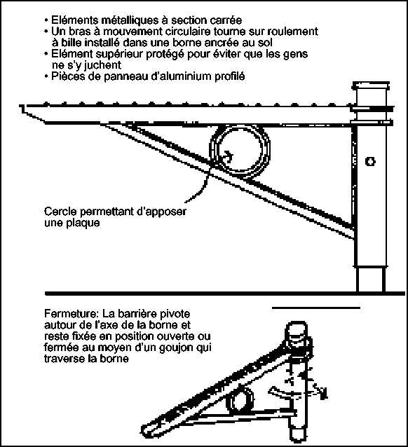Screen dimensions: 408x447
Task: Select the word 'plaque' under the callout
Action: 83,223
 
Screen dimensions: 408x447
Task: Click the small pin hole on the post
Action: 370,162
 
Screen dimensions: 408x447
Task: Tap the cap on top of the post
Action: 371,85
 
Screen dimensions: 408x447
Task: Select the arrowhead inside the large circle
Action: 230,156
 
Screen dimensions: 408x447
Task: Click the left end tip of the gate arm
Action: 20,106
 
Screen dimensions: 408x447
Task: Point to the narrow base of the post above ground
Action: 369,279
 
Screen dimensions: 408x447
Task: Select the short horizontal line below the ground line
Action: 316,308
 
